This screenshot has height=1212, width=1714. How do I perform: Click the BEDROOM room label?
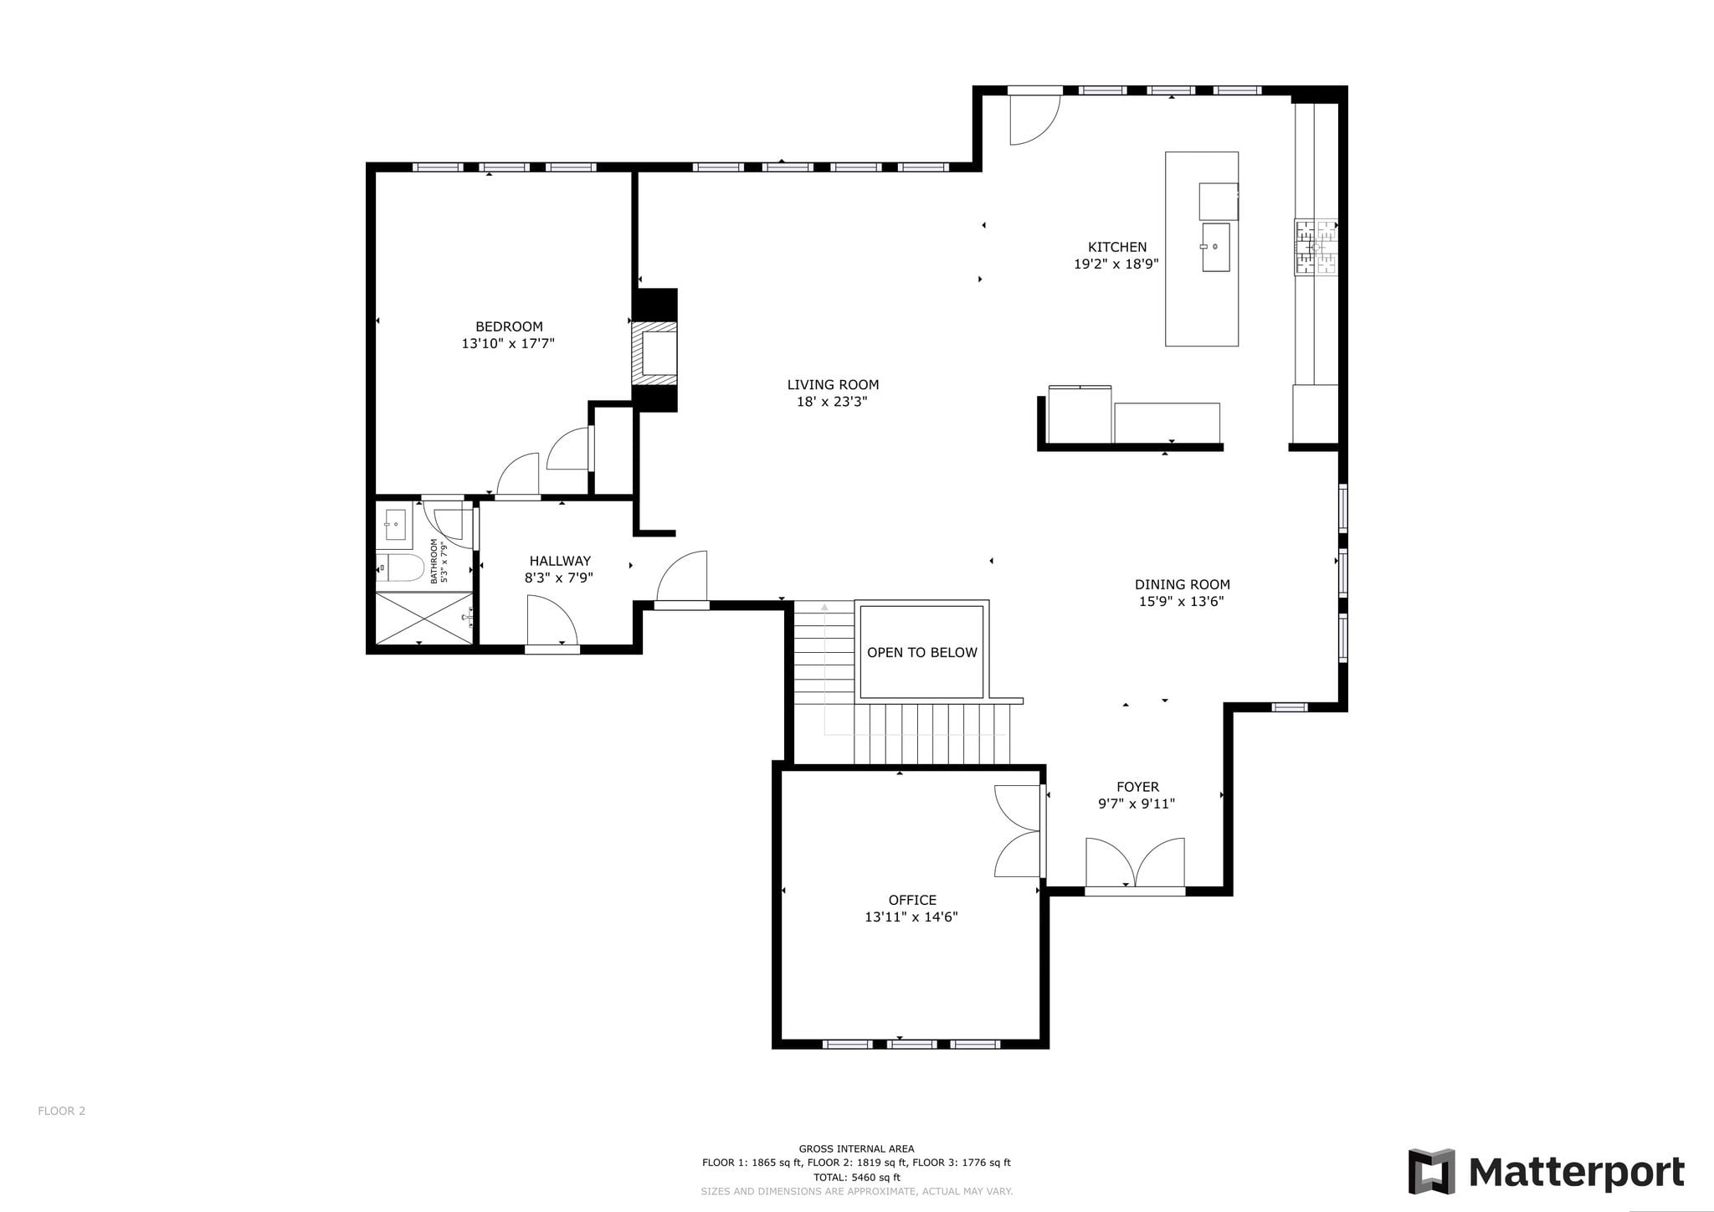click(x=509, y=326)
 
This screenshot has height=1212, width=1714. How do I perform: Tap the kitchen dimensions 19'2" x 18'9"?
click(x=1116, y=264)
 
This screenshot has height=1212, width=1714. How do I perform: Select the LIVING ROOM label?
click(x=833, y=385)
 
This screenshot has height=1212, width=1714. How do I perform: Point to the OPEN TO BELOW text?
click(x=921, y=652)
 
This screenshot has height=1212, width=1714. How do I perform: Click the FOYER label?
click(x=1137, y=787)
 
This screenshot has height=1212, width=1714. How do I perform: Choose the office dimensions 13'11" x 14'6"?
click(x=911, y=917)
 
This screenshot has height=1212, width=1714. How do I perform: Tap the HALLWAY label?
click(x=560, y=561)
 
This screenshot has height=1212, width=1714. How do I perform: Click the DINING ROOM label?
click(x=1182, y=584)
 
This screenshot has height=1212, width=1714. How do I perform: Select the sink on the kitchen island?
click(x=1216, y=247)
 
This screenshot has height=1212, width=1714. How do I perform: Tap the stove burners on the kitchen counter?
click(x=1316, y=247)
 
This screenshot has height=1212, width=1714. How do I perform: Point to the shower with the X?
click(x=424, y=618)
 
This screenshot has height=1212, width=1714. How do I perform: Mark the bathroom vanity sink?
click(x=395, y=525)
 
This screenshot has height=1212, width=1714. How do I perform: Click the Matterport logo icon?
click(x=1431, y=1171)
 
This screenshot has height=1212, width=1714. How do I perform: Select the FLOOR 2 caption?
click(x=61, y=1111)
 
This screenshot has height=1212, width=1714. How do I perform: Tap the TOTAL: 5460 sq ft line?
click(x=856, y=1177)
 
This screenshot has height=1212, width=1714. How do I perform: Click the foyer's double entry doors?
click(x=1135, y=863)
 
